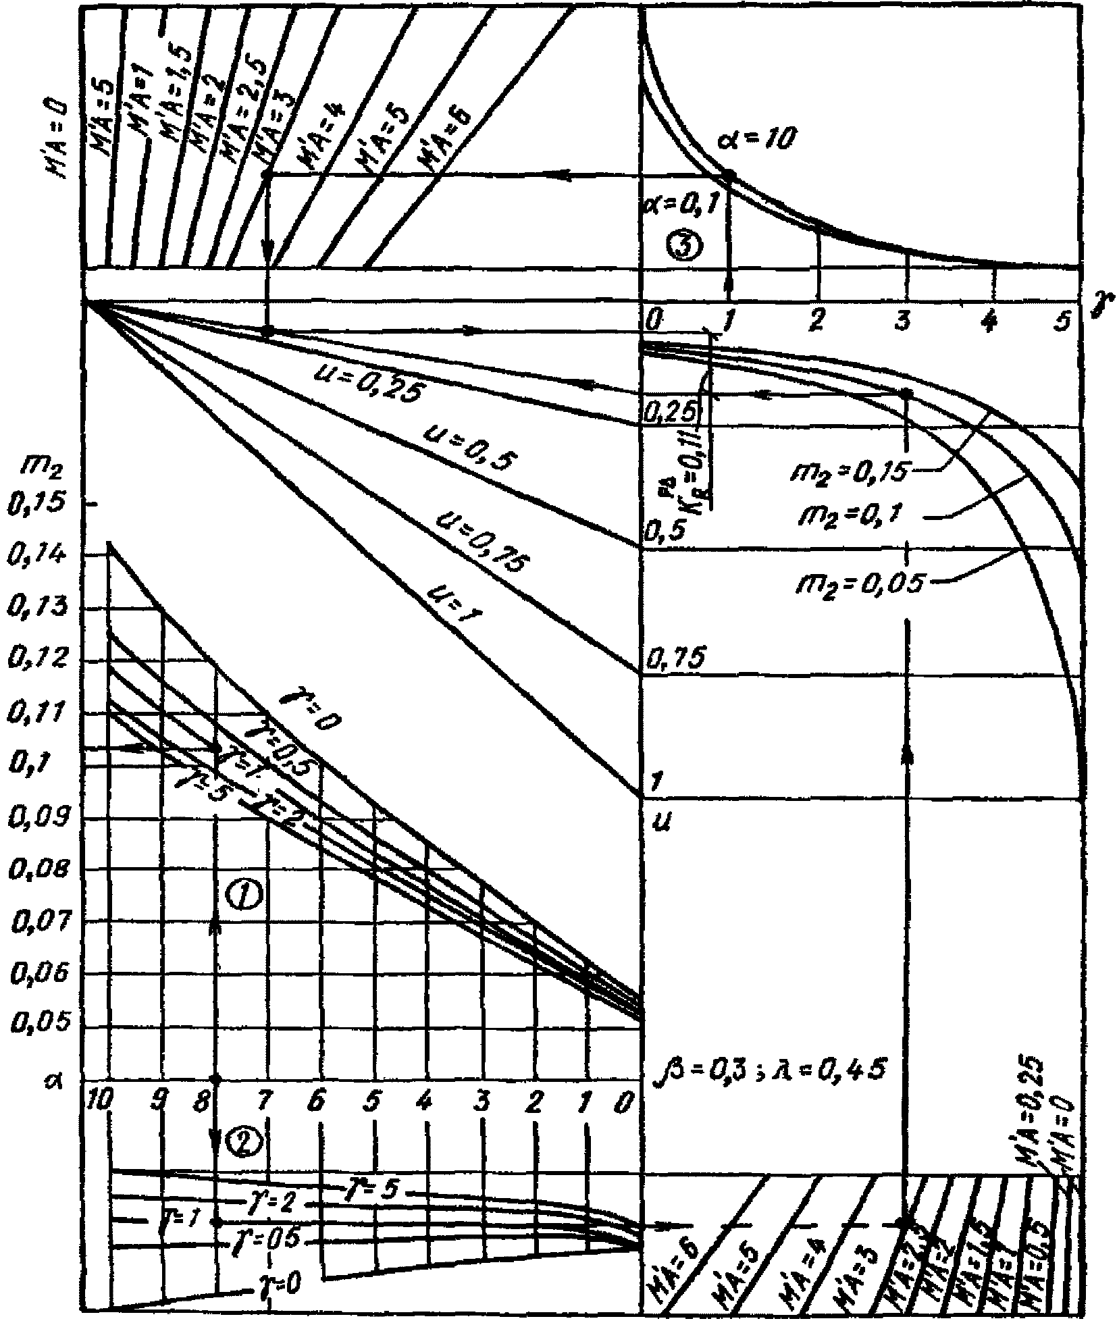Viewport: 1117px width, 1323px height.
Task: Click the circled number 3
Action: click(683, 246)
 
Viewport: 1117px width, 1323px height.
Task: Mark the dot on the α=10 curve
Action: click(729, 175)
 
